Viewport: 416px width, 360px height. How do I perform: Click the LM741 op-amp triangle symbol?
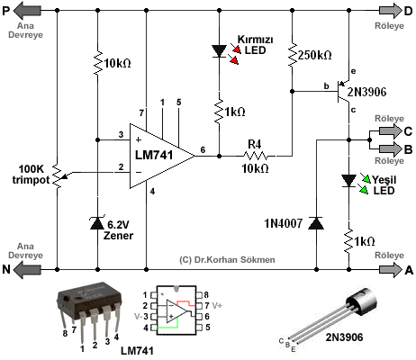(x=159, y=156)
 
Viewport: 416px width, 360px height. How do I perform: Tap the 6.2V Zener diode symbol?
(x=97, y=223)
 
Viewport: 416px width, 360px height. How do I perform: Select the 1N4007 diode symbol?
(x=316, y=223)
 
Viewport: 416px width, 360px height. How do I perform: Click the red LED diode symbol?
(x=219, y=51)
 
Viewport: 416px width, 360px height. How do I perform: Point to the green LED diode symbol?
(x=348, y=181)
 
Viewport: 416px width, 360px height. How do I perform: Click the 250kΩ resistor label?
(x=315, y=55)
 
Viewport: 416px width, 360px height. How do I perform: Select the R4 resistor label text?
(x=255, y=145)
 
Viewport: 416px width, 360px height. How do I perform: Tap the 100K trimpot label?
(x=31, y=175)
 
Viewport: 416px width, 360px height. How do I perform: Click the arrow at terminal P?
(x=27, y=11)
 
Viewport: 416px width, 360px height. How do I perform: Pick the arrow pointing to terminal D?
(x=391, y=11)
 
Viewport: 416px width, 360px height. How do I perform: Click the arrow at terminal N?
(x=27, y=269)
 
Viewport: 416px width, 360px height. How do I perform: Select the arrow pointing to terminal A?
(x=391, y=268)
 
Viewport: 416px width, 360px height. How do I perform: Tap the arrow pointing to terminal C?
(x=391, y=131)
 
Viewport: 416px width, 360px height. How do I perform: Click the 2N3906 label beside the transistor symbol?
(x=366, y=92)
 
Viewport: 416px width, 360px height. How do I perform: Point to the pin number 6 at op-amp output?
(x=203, y=149)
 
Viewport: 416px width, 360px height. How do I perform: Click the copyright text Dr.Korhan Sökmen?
(x=227, y=260)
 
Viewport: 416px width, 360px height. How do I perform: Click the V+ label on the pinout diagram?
(x=217, y=306)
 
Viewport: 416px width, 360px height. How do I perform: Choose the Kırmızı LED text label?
(x=255, y=45)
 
